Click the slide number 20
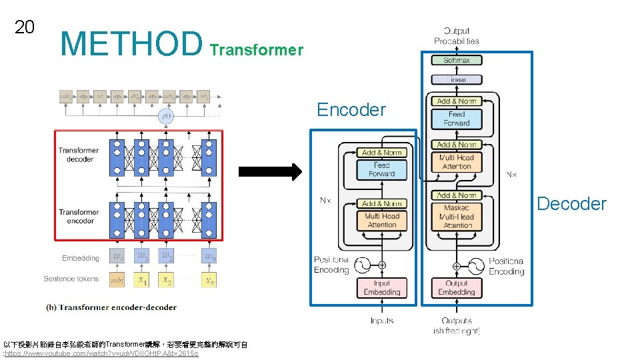tap(25, 27)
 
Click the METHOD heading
tap(131, 43)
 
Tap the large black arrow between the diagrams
tap(271, 172)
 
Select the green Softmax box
tap(457, 60)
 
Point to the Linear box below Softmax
tap(457, 79)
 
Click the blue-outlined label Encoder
tap(351, 110)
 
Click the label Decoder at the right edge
tap(571, 204)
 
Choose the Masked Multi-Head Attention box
tap(457, 217)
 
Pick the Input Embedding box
tap(382, 287)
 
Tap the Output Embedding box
tap(457, 287)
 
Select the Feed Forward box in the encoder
tap(382, 169)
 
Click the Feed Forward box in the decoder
tap(457, 119)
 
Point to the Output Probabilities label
tap(457, 36)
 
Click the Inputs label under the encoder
tap(382, 321)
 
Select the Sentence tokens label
tap(71, 279)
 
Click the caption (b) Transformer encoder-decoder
tap(111, 307)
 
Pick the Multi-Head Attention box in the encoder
tap(382, 220)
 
